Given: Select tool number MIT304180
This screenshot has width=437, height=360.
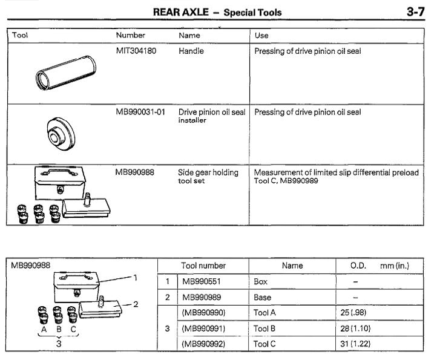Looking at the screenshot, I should [x=136, y=51].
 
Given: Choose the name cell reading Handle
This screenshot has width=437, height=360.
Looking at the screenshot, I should [x=191, y=51].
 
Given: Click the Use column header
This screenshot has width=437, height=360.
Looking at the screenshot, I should [x=261, y=35].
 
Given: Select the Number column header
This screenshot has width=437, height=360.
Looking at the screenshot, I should [x=131, y=35].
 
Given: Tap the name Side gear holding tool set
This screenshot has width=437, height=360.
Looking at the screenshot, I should [x=208, y=176].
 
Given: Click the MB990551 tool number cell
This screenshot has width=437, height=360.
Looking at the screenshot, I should [x=202, y=282].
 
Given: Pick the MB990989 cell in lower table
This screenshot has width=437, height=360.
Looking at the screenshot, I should [x=202, y=298].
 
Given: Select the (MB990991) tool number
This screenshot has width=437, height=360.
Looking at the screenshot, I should [x=204, y=329].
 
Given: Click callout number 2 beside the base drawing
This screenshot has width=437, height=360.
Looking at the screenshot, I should [x=136, y=304].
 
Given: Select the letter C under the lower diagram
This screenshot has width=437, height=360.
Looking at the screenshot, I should [x=73, y=331].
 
